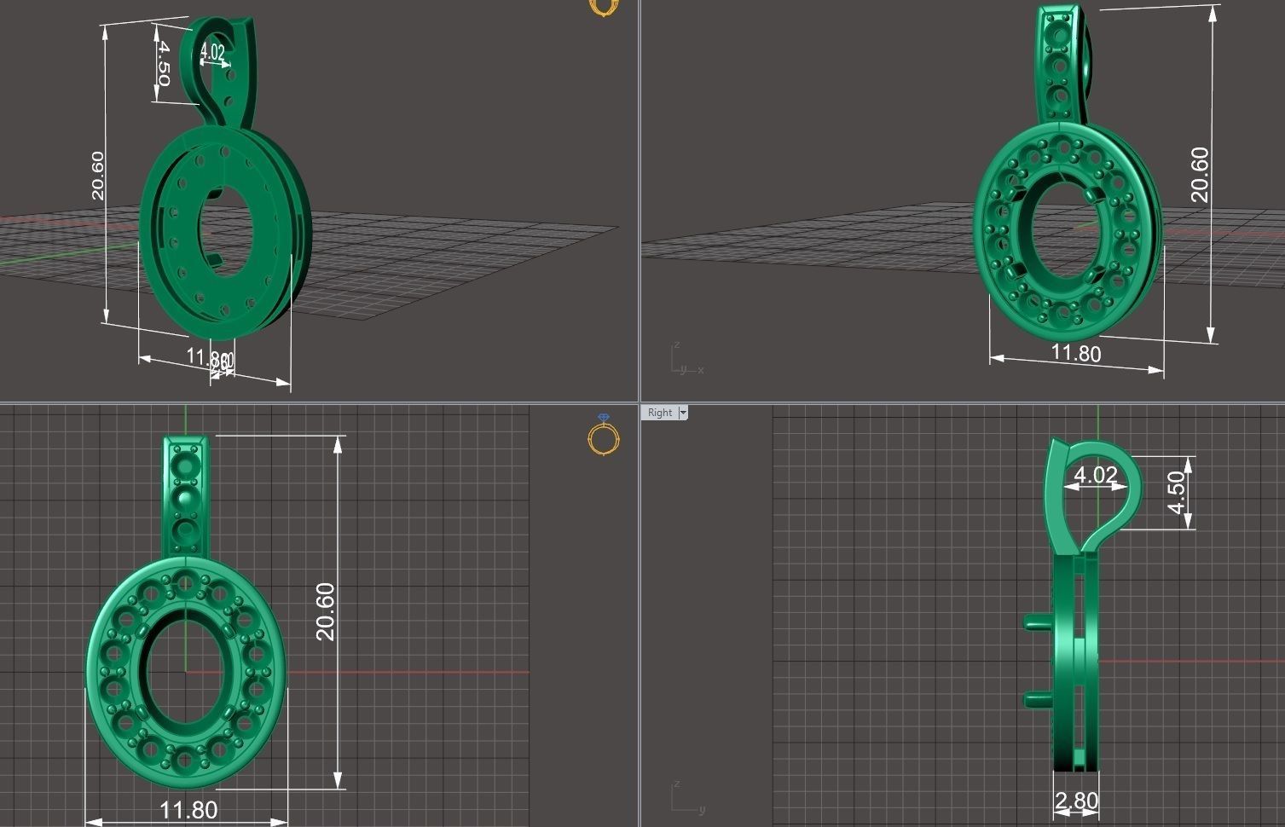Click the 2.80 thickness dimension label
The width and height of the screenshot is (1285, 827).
[x=1076, y=801]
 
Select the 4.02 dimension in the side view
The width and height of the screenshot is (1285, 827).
[x=1095, y=475]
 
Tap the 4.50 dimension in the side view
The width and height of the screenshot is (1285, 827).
[x=1177, y=493]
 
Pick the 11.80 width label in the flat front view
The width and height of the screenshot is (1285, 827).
[x=188, y=809]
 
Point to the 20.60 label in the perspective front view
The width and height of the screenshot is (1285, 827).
[x=1200, y=175]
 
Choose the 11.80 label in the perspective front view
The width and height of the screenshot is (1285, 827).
[x=1075, y=353]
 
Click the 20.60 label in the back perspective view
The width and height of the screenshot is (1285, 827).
[x=97, y=175]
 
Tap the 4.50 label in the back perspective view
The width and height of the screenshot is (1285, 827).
[x=162, y=63]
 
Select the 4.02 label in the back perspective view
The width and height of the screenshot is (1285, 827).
[x=212, y=53]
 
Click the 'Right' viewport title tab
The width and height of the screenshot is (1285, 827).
[x=659, y=413]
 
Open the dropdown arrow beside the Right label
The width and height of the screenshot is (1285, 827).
[x=682, y=413]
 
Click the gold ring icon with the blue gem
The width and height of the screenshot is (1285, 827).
[x=604, y=435]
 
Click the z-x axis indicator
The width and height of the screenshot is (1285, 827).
[x=685, y=362]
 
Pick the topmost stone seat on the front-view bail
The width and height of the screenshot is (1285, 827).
[x=184, y=464]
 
